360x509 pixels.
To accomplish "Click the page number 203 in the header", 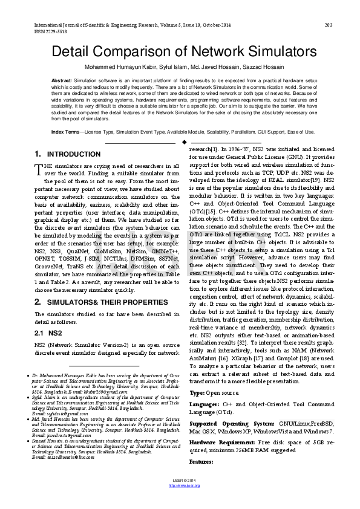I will (x=329, y=25).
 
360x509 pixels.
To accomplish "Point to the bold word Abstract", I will (x=62, y=80).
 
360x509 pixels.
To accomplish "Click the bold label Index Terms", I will (x=65, y=131).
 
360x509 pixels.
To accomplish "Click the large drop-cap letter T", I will (x=39, y=167).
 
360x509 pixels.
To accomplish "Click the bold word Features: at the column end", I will (x=201, y=461).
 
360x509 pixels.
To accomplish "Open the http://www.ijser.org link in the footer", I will (x=180, y=502).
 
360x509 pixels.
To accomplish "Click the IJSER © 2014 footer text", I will (x=180, y=497).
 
